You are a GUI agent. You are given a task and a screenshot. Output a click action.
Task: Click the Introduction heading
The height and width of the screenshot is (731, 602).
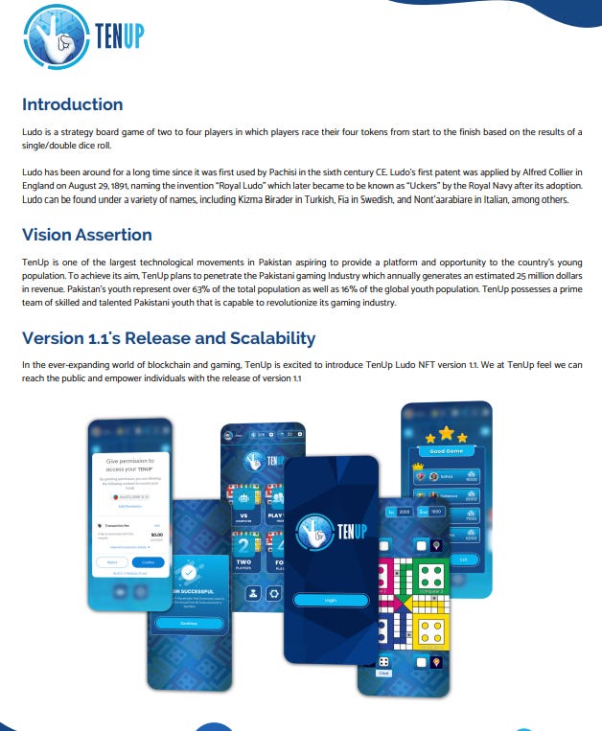pyautogui.click(x=72, y=104)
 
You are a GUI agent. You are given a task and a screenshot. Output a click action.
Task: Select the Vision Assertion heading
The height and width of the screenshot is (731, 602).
pyautogui.click(x=86, y=236)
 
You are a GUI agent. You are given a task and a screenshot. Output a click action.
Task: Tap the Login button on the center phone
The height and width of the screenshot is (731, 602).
pyautogui.click(x=330, y=600)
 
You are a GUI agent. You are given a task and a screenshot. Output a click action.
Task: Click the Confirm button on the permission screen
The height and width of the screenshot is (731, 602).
pyautogui.click(x=147, y=562)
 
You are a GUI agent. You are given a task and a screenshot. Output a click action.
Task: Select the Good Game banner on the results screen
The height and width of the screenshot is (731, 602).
pyautogui.click(x=445, y=451)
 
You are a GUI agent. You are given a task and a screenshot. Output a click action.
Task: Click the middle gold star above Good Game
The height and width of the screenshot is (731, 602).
pyautogui.click(x=445, y=433)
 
